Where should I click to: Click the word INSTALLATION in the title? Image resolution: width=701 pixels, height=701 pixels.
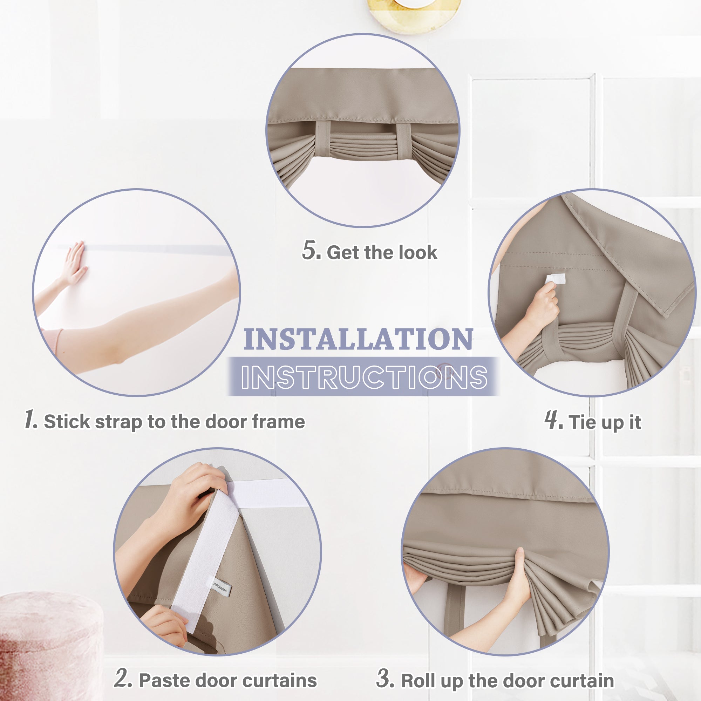358,340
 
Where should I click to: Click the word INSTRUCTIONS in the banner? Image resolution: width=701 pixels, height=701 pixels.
364,377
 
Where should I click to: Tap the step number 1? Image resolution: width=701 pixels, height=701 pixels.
30,420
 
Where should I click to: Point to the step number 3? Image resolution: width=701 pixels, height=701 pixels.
385,678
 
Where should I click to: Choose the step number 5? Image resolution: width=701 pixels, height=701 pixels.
311,250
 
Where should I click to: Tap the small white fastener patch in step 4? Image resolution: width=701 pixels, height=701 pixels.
555,279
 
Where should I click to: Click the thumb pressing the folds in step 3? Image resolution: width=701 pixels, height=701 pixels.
520,559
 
